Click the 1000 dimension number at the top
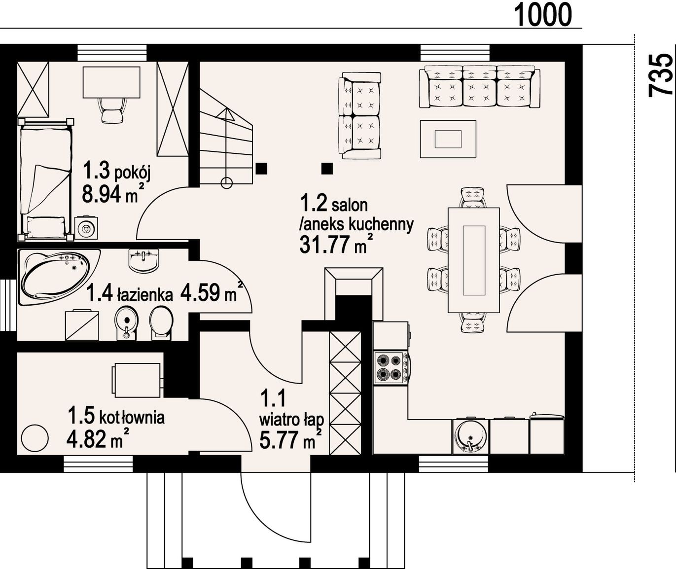543,14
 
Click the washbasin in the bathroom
144,259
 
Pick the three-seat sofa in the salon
479,86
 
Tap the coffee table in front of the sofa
448,139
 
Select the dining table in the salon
474,260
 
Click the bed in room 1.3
45,180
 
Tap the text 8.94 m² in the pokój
112,193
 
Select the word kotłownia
132,418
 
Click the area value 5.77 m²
290,439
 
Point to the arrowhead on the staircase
226,114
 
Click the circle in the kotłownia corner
35,438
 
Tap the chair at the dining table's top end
474,198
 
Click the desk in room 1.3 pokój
112,82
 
